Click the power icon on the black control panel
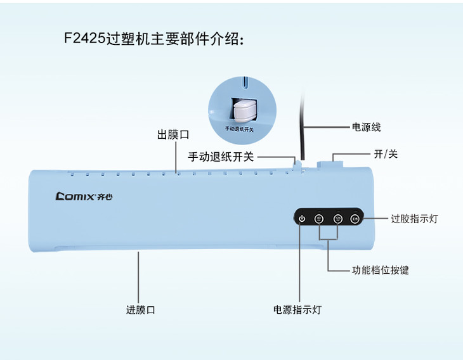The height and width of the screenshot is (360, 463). (302, 219)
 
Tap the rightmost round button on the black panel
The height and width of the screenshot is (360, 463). (355, 219)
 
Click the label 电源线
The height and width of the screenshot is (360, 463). (366, 127)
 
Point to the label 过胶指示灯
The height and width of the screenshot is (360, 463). (414, 219)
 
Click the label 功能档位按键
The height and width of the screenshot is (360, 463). (381, 270)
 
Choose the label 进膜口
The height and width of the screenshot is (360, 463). (140, 310)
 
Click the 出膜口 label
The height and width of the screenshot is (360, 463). (173, 135)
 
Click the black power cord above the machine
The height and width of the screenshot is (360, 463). (303, 127)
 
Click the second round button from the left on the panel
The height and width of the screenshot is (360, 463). (320, 219)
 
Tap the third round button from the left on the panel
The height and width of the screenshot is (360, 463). (338, 219)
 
